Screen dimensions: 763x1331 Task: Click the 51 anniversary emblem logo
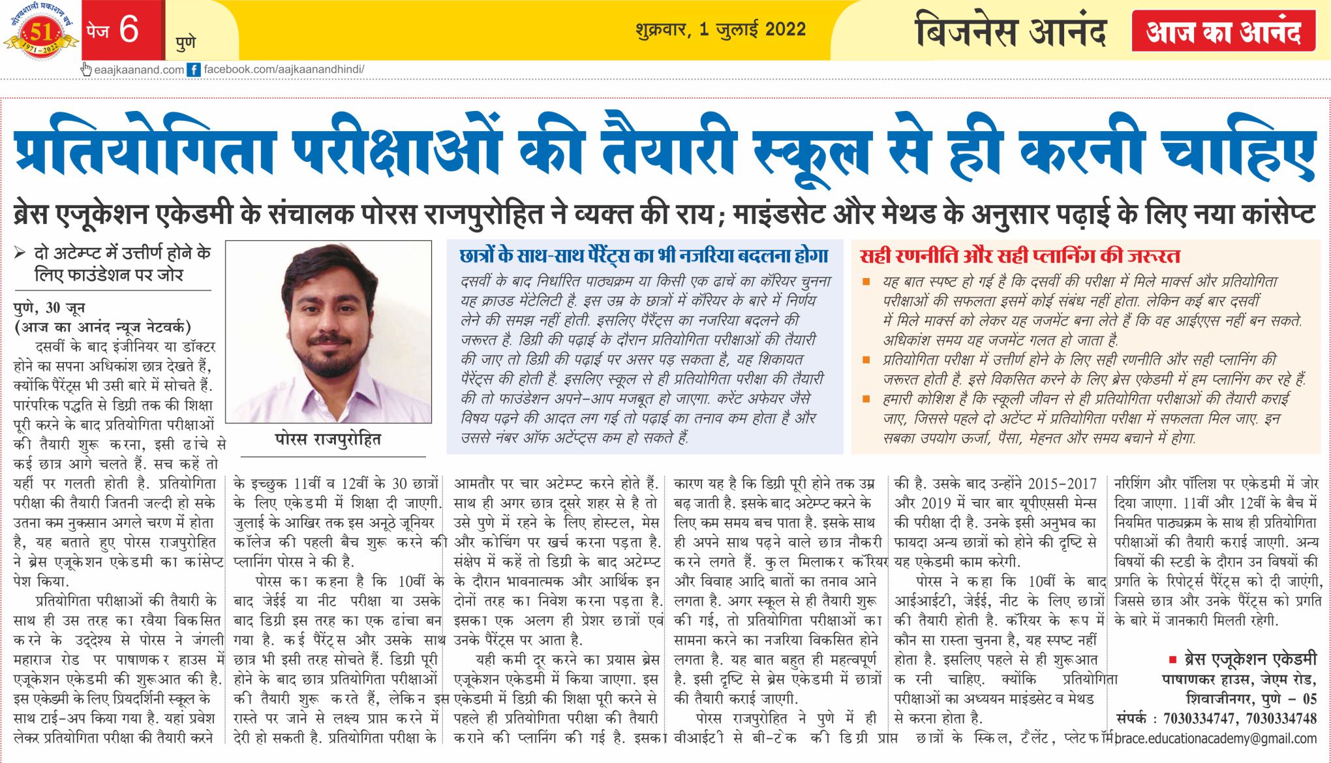point(40,33)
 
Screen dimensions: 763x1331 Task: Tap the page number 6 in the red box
point(129,29)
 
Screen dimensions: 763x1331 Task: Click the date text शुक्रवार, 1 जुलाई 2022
point(720,30)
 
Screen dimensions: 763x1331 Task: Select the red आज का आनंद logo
point(1223,31)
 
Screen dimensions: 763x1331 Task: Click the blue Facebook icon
point(194,70)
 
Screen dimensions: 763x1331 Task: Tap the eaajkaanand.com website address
point(139,70)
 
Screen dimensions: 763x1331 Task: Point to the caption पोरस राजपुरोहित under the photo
point(328,439)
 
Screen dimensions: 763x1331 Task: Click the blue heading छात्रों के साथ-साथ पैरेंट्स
point(643,257)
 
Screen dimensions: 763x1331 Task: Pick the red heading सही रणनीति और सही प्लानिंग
point(1019,257)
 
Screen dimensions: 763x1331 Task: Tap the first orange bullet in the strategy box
point(866,282)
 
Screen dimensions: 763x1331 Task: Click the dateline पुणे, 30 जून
point(50,308)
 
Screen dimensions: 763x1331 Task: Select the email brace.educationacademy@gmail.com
point(1216,739)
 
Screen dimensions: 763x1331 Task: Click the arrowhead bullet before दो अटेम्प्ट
point(20,253)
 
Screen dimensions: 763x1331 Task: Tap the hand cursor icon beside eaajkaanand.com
point(86,69)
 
